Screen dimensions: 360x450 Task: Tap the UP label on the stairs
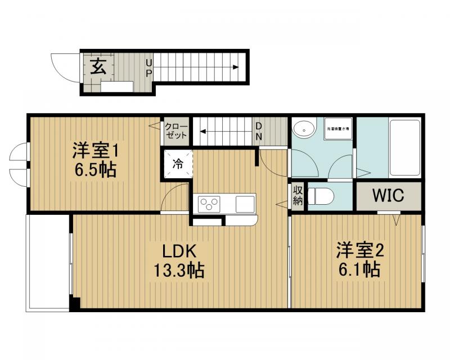tap(149, 68)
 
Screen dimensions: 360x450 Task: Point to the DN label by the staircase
tap(258, 131)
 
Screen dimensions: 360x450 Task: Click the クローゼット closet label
tap(175, 132)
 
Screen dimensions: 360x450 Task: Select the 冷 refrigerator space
tap(178, 165)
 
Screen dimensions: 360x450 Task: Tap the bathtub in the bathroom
tap(404, 147)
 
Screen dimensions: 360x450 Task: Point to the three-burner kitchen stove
tap(208, 204)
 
